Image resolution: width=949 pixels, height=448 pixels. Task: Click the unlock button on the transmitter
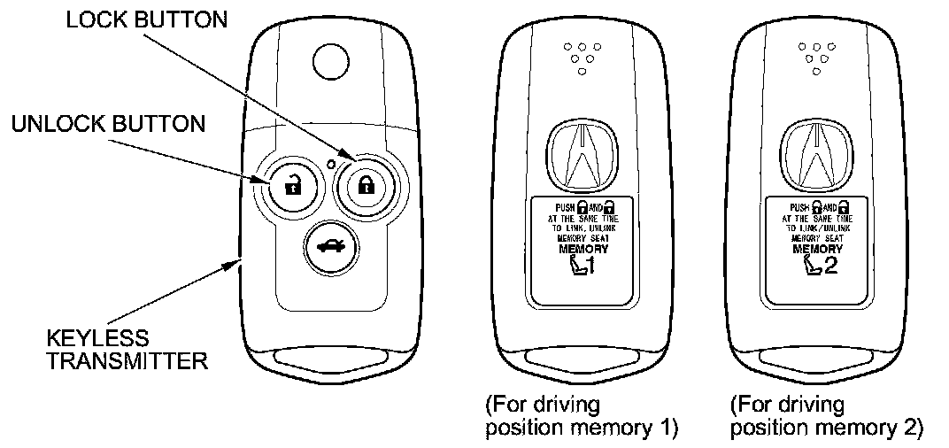coord(289,185)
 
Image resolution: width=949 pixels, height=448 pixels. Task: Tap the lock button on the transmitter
coord(363,185)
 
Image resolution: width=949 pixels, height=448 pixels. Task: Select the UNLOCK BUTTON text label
coord(109,123)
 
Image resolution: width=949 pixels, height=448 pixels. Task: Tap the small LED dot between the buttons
coord(329,163)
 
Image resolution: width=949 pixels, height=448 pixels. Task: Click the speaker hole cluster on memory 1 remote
coord(581,56)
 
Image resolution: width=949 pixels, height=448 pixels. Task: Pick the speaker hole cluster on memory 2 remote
coord(816,56)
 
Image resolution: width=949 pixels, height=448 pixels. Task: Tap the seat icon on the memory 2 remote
coord(809,266)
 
